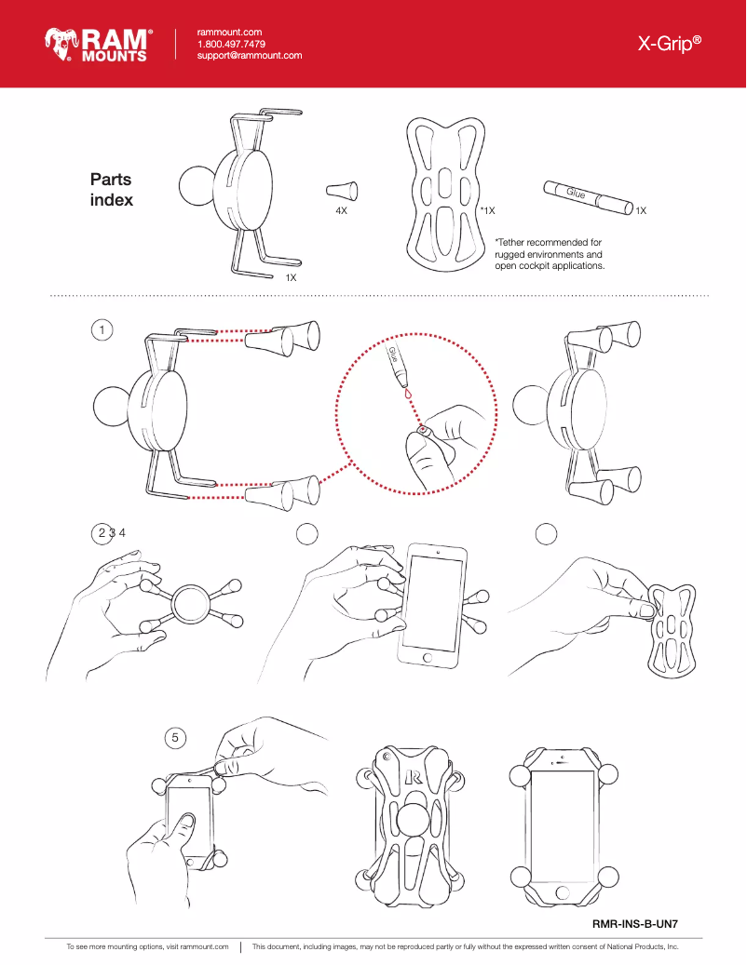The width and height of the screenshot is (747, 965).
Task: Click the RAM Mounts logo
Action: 99,44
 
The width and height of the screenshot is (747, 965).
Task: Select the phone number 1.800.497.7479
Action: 231,44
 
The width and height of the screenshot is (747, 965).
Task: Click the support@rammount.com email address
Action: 250,56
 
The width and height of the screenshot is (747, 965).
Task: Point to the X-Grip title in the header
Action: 669,44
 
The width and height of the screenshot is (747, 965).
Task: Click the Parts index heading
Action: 111,190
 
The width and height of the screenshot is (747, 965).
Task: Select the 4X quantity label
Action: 341,212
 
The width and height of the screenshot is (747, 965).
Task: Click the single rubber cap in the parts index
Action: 341,191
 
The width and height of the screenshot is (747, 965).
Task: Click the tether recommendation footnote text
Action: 549,254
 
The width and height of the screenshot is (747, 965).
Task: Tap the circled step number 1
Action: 103,328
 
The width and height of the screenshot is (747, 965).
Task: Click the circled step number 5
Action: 175,737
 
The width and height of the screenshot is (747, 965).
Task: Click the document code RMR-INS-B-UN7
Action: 634,925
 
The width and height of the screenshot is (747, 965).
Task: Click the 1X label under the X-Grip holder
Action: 291,277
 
